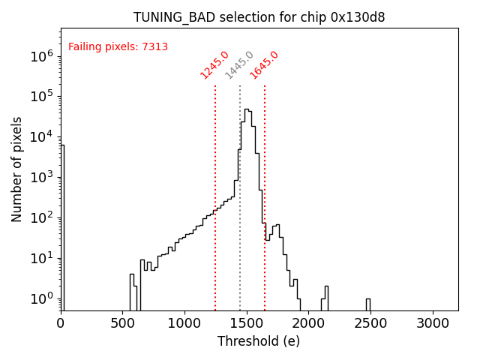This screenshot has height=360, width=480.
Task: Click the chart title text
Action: pos(259,17)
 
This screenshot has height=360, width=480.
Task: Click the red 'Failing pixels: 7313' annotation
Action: pos(118,47)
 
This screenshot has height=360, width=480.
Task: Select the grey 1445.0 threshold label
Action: pos(239,65)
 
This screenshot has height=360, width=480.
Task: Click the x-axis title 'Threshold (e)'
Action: pos(259,341)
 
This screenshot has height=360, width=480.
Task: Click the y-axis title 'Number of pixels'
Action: pos(17,169)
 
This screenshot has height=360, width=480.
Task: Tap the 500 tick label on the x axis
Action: pos(123,323)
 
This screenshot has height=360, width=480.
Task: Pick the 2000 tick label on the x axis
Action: pos(309,323)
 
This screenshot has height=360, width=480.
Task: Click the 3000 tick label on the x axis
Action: pos(433,323)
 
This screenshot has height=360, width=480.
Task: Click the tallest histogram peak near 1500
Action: pos(247,109)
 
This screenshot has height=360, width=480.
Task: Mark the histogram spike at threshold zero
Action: pos(62,225)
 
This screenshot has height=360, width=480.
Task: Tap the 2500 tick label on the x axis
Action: pos(371,323)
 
